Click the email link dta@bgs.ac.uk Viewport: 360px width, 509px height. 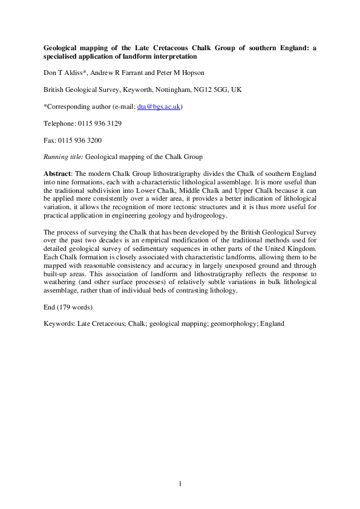[x=165, y=107]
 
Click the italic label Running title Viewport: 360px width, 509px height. [x=64, y=156]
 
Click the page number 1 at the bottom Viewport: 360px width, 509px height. [x=180, y=484]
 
